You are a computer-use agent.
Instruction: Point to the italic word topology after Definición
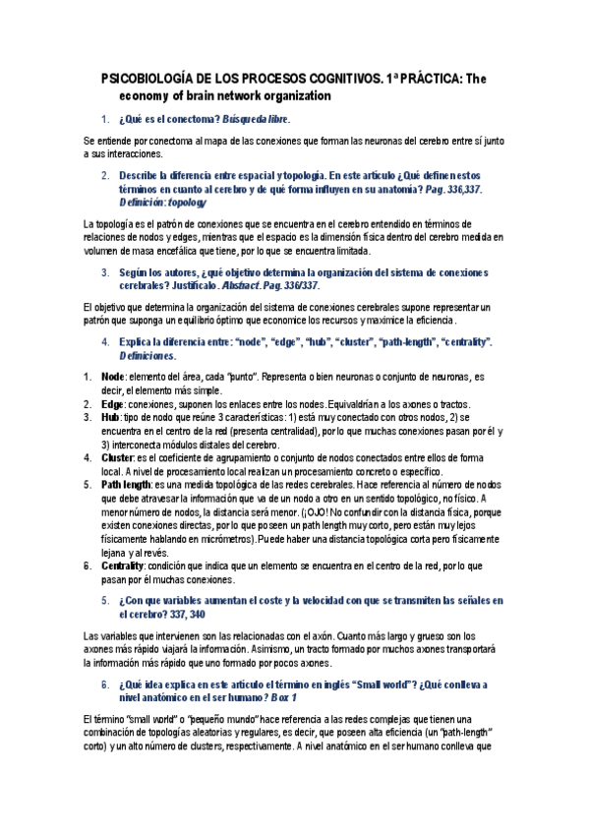pyautogui.click(x=187, y=202)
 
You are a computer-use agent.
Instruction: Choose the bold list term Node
pyautogui.click(x=113, y=377)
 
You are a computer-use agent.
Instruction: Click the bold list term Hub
pyautogui.click(x=110, y=418)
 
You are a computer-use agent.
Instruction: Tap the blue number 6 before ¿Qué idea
pyautogui.click(x=106, y=683)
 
